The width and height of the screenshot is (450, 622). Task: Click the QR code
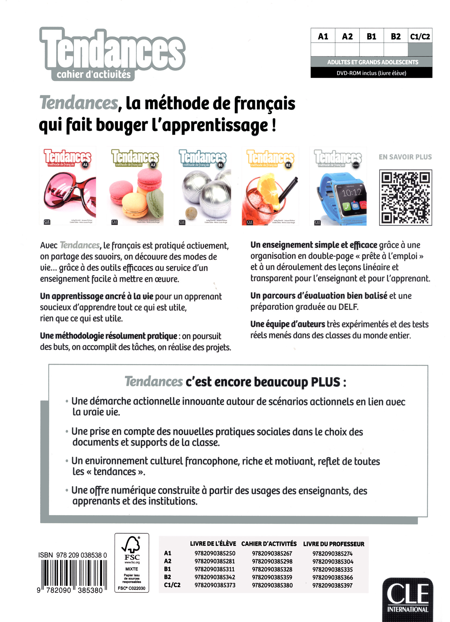(405, 198)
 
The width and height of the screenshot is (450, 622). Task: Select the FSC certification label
(132, 563)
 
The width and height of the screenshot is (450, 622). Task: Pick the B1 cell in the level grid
(371, 37)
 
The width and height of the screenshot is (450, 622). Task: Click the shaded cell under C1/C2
(420, 50)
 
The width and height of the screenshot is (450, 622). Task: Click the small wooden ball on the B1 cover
(191, 212)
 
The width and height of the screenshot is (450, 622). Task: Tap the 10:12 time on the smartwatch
(352, 193)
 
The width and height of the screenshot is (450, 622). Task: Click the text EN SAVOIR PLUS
(405, 157)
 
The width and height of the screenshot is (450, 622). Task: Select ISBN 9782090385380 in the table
(272, 585)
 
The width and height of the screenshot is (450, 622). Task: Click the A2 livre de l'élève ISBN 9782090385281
(215, 562)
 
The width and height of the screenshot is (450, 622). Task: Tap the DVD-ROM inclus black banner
(371, 73)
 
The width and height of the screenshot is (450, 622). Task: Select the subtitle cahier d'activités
(94, 74)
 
